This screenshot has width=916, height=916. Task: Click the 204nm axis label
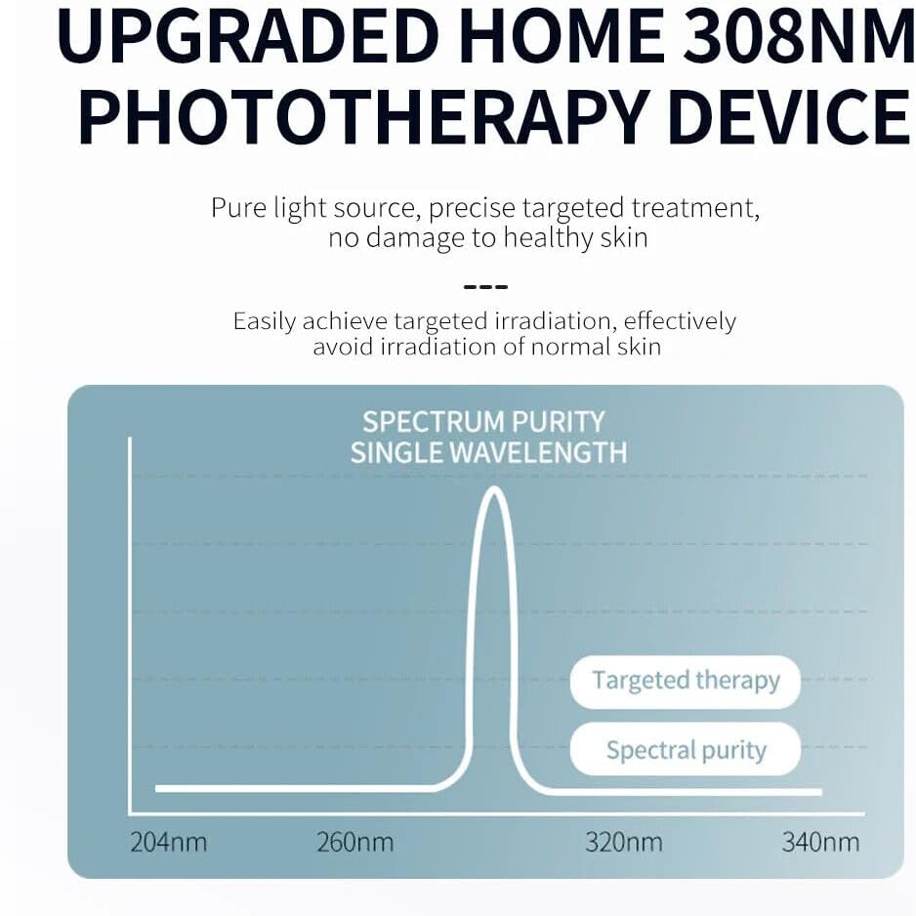click(x=168, y=842)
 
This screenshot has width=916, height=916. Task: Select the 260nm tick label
click(x=354, y=842)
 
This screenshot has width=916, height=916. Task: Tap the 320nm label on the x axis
click(x=623, y=842)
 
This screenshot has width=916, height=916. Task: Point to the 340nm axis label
click(x=820, y=842)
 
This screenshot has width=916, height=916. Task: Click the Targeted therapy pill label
click(x=686, y=681)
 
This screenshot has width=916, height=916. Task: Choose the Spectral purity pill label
click(x=686, y=750)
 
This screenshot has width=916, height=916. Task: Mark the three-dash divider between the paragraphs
click(x=485, y=287)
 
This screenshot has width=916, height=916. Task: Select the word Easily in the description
click(x=264, y=321)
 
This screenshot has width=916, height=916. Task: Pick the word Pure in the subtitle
click(x=239, y=208)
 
